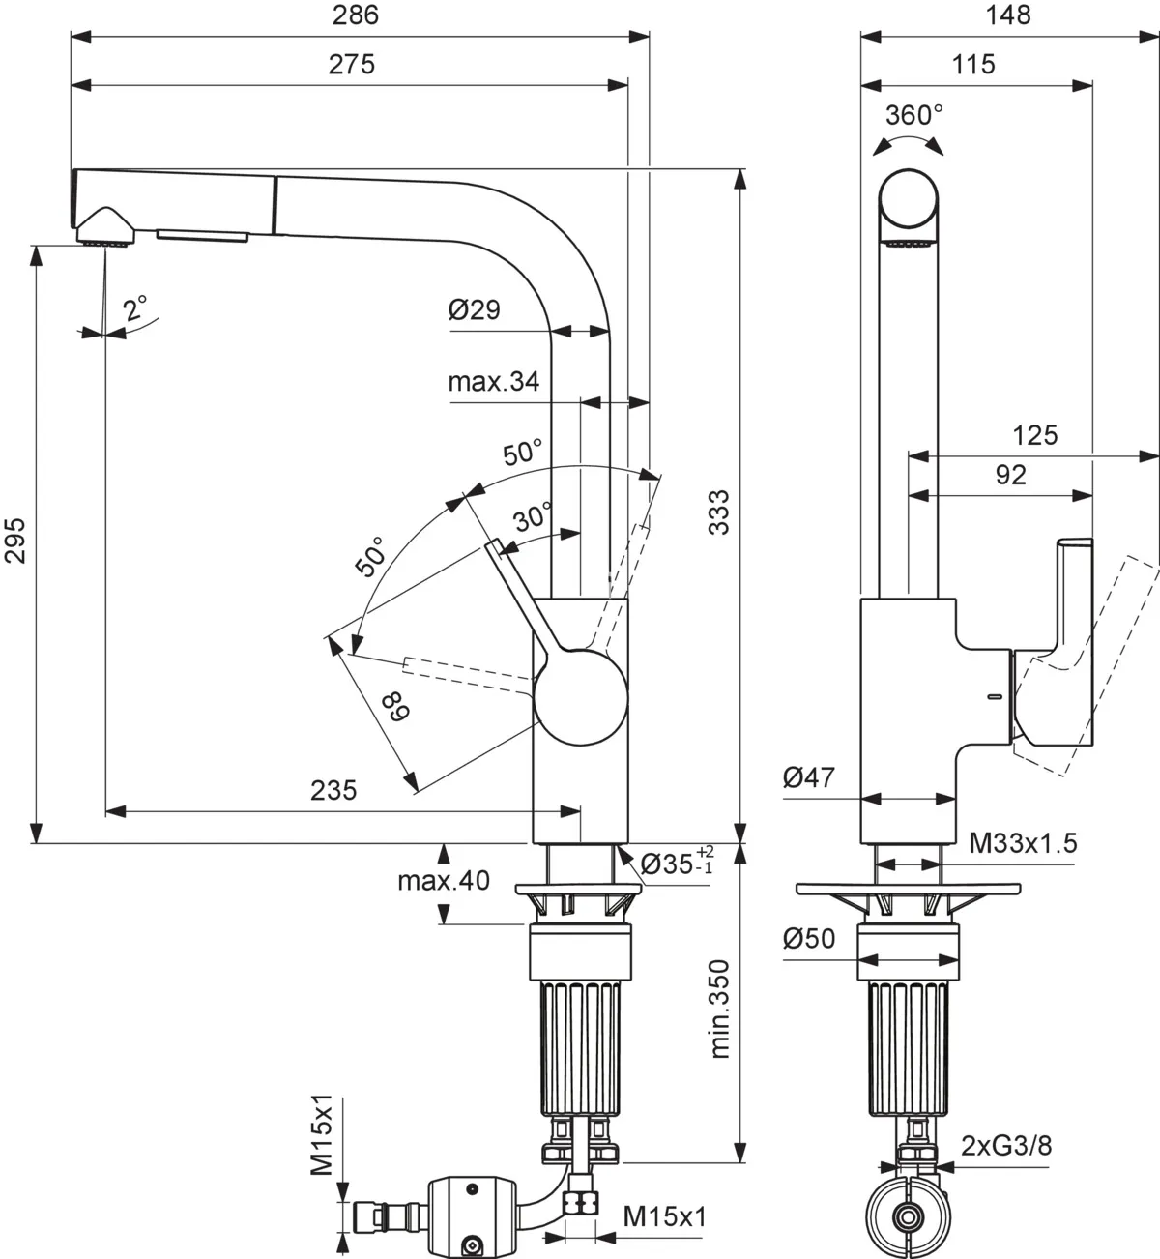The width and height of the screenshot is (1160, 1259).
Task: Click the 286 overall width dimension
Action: pyautogui.click(x=356, y=15)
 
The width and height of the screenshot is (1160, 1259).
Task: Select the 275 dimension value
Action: pyautogui.click(x=351, y=64)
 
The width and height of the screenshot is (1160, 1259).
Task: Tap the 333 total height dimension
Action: pyautogui.click(x=719, y=512)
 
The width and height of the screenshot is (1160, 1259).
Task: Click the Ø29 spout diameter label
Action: pyautogui.click(x=474, y=309)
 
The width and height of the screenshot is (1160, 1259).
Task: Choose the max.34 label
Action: pyautogui.click(x=493, y=382)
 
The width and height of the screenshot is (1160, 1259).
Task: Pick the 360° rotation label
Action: pyautogui.click(x=913, y=115)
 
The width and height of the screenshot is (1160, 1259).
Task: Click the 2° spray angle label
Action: pyautogui.click(x=135, y=308)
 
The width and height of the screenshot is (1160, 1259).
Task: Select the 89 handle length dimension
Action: pyautogui.click(x=394, y=707)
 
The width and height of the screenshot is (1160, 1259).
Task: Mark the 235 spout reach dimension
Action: pyautogui.click(x=333, y=790)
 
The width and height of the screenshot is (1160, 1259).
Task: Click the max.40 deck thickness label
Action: pyautogui.click(x=443, y=881)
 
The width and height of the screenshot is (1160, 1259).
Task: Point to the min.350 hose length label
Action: pyautogui.click(x=719, y=1009)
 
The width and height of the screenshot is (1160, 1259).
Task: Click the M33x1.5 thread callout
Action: pyautogui.click(x=1023, y=843)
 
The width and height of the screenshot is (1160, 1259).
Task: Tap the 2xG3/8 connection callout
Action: pyautogui.click(x=1005, y=1146)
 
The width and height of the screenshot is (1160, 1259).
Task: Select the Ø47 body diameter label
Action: pyautogui.click(x=808, y=776)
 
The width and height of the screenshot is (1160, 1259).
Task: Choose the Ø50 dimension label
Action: pyautogui.click(x=808, y=938)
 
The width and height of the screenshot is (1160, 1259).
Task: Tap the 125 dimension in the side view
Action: pyautogui.click(x=1034, y=435)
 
